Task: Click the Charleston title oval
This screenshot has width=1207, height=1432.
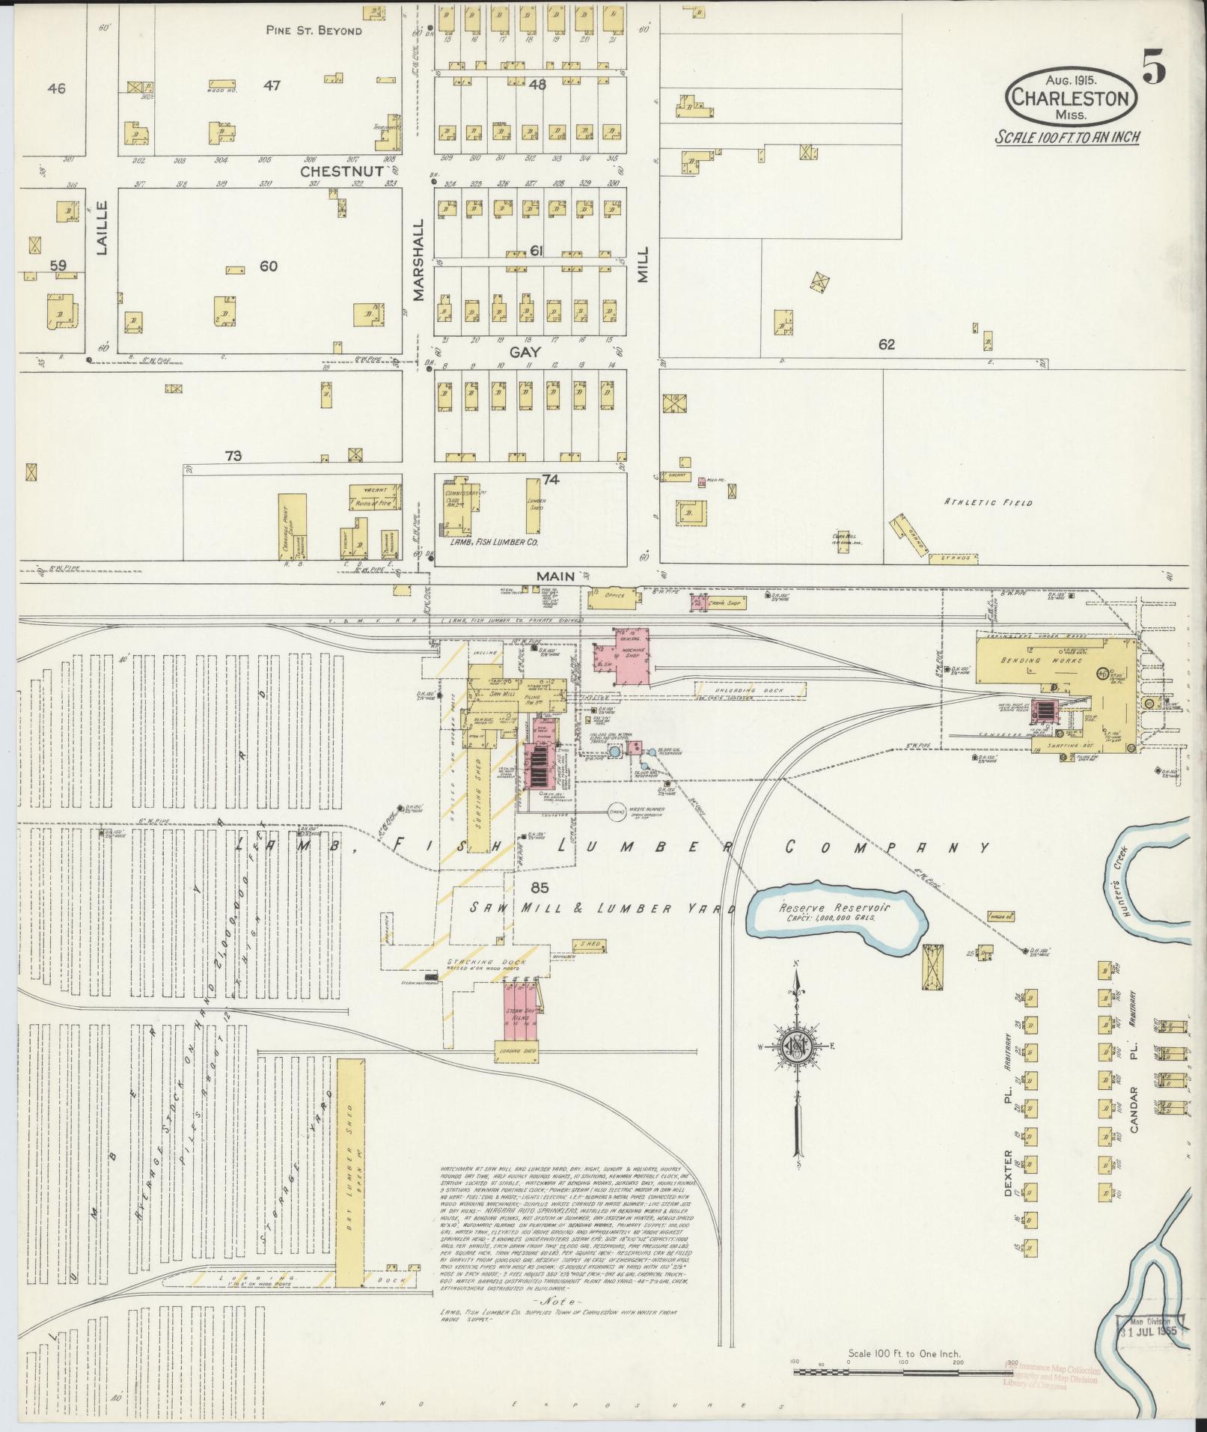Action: pyautogui.click(x=1072, y=97)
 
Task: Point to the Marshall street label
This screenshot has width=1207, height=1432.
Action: pyautogui.click(x=418, y=260)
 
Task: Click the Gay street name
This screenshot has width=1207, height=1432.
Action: pyautogui.click(x=525, y=351)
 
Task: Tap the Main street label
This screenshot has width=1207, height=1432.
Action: pyautogui.click(x=554, y=576)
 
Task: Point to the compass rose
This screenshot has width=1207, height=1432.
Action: pyautogui.click(x=798, y=1046)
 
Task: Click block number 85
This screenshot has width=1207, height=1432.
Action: pyautogui.click(x=539, y=888)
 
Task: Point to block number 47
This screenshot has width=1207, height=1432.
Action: pyautogui.click(x=271, y=86)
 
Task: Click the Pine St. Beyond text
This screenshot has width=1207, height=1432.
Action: pyautogui.click(x=314, y=31)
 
